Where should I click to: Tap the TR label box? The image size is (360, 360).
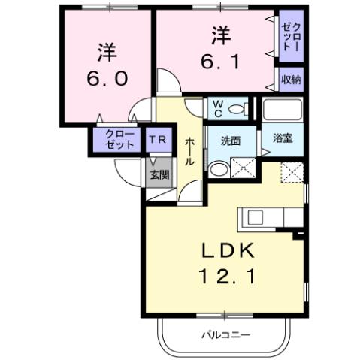pos(158,140)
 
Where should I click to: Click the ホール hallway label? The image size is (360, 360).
pos(191,150)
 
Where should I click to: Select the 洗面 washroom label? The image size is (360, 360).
pos(231,141)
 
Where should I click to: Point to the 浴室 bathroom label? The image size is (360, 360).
pos(282,140)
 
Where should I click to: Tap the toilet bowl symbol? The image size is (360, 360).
pos(237,110)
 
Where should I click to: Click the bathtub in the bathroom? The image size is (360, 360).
pos(282,110)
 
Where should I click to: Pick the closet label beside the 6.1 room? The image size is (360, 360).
pos(291,35)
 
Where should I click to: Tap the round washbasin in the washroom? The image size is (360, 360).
pos(217,170)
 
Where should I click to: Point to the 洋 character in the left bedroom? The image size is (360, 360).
pos(106,52)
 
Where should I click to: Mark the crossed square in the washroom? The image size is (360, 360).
pos(244,168)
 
